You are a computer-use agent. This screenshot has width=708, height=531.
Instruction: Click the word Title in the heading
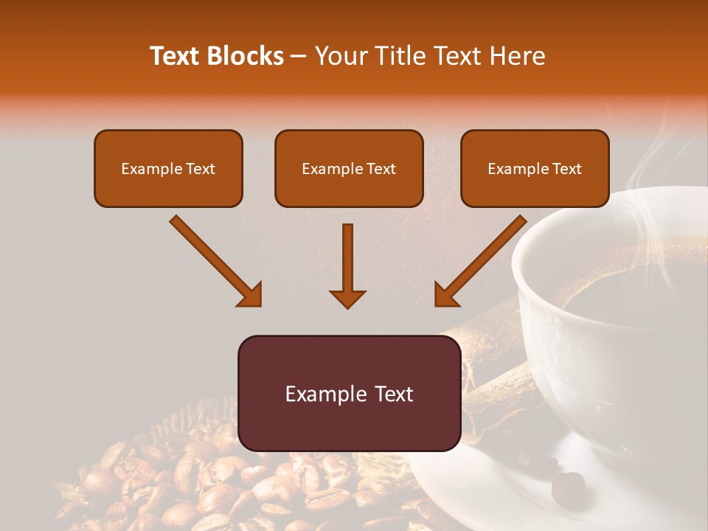tap(400, 56)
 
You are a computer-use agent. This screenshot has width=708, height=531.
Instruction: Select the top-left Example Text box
tap(168, 168)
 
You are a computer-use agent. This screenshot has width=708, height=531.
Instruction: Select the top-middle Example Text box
tap(349, 168)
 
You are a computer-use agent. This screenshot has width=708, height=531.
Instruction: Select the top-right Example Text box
tap(535, 168)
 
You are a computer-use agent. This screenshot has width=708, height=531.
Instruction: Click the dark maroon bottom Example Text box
tap(349, 394)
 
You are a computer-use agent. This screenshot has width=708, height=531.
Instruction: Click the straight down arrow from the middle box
tap(347, 265)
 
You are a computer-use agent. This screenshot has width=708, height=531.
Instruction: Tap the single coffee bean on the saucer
tap(568, 486)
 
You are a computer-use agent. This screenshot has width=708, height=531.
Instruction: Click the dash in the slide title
tap(299, 56)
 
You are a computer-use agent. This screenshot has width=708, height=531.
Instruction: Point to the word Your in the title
tap(341, 56)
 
